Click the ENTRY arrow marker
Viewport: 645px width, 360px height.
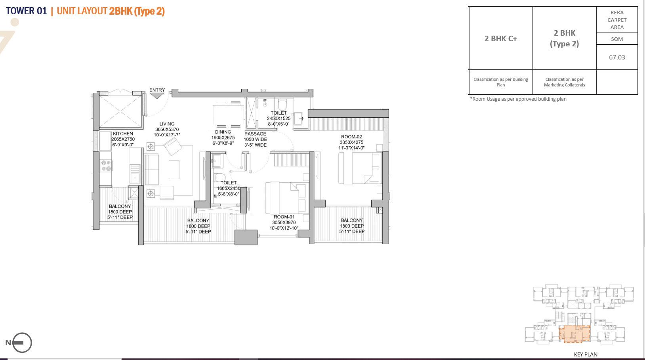[x=157, y=96]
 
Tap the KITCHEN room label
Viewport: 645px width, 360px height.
[x=123, y=134]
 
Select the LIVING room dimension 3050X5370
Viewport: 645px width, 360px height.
[x=167, y=129]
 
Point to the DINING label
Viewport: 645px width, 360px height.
[x=223, y=132]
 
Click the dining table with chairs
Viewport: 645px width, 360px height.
[x=228, y=114]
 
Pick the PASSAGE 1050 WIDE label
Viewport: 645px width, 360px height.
[x=256, y=139]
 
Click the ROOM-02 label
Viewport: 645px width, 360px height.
[x=351, y=137]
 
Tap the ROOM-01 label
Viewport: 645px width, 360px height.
[x=284, y=217]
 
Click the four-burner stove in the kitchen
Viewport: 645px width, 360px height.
[x=106, y=166]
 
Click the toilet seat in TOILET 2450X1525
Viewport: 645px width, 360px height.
[x=282, y=105]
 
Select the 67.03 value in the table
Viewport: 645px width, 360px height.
[x=617, y=57]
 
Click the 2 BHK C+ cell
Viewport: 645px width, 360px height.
[x=501, y=38]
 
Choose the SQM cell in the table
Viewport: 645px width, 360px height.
[x=617, y=39]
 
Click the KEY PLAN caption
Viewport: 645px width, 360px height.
[x=586, y=354]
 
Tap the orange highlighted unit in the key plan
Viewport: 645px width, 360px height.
[x=574, y=334]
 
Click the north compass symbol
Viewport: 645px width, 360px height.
[x=21, y=343]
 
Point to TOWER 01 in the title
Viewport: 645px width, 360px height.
[x=27, y=11]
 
